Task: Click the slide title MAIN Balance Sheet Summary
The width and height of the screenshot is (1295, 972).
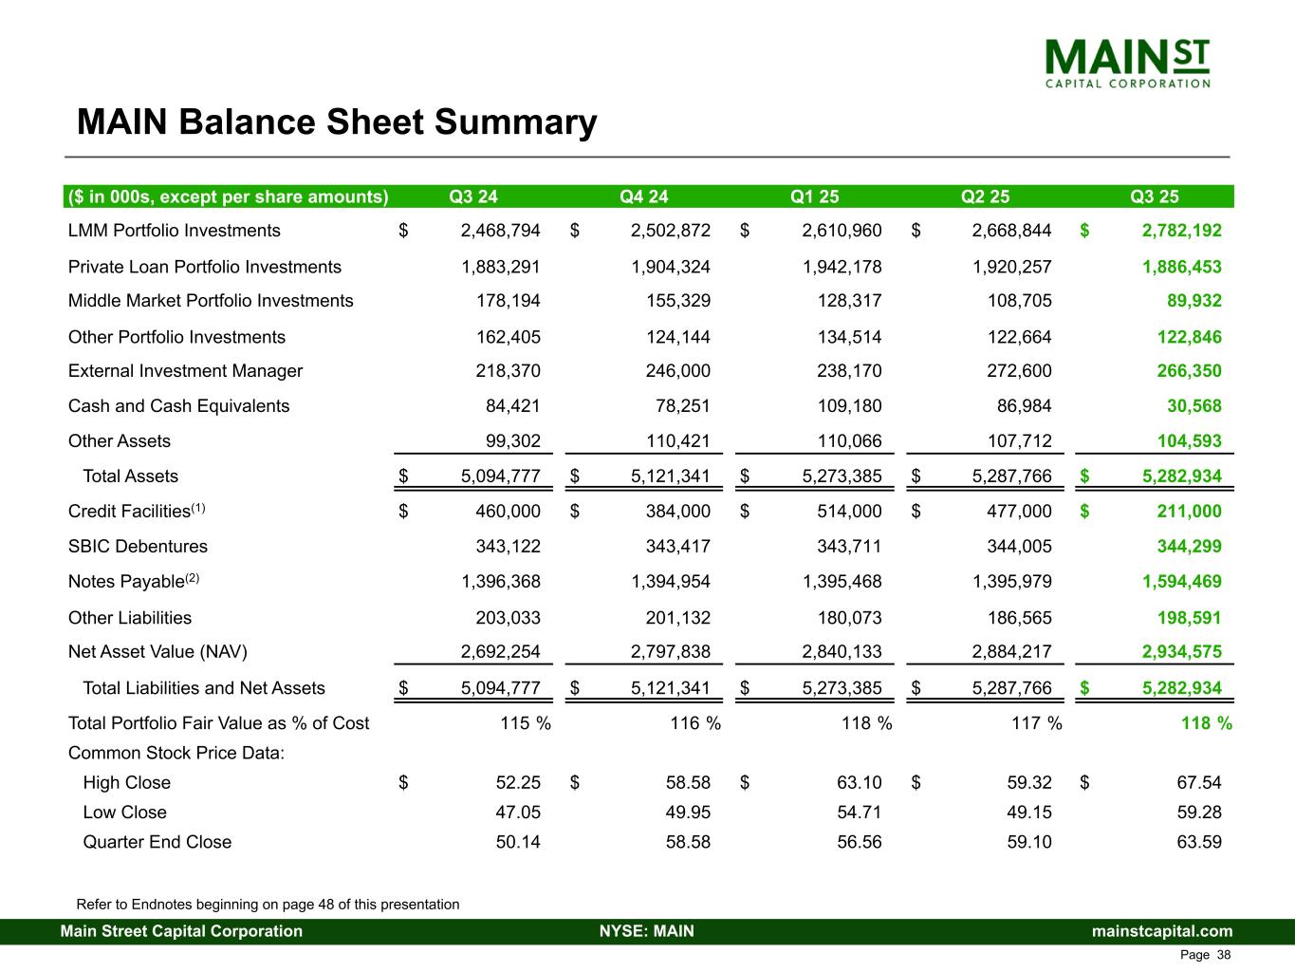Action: click(x=337, y=122)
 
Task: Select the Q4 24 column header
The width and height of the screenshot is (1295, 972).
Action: click(x=643, y=196)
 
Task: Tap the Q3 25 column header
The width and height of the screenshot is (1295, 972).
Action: click(x=1155, y=196)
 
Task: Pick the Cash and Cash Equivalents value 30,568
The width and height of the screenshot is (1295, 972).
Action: click(x=1193, y=406)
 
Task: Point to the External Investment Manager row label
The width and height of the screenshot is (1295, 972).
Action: click(x=185, y=371)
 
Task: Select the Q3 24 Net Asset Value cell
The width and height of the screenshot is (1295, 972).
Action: click(x=500, y=652)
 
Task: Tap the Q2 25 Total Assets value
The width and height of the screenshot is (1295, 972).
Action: click(x=1011, y=477)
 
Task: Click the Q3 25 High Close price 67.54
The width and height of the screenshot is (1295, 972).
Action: click(x=1198, y=783)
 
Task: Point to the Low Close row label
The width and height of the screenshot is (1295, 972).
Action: click(x=124, y=813)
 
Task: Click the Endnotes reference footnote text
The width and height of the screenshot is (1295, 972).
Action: click(x=268, y=905)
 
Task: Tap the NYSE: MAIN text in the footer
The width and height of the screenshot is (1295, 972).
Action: click(x=646, y=931)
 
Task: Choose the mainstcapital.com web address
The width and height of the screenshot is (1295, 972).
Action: click(x=1162, y=931)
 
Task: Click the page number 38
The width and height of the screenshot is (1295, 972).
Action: click(x=1224, y=955)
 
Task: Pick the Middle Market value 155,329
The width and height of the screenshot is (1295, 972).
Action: click(x=671, y=301)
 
